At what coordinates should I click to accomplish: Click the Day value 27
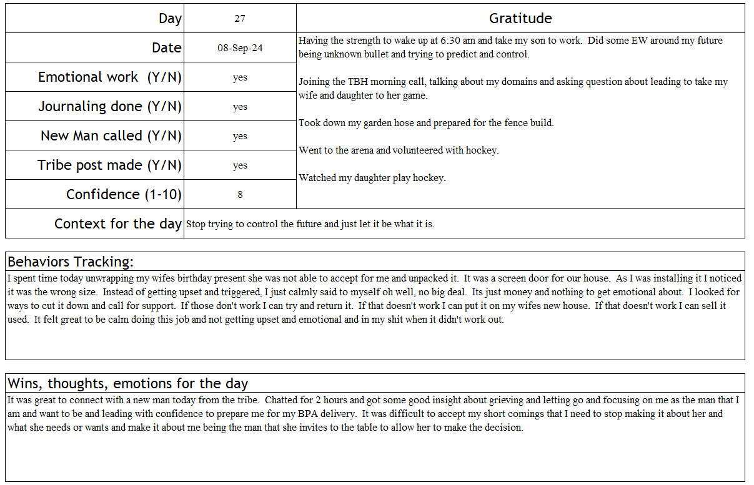pyautogui.click(x=240, y=19)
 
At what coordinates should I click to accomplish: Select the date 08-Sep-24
pyautogui.click(x=240, y=48)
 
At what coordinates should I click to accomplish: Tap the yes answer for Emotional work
pyautogui.click(x=240, y=77)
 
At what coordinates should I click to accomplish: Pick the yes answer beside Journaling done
pyautogui.click(x=240, y=107)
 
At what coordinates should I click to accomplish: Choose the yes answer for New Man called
pyautogui.click(x=240, y=136)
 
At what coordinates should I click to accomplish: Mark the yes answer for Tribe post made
pyautogui.click(x=240, y=165)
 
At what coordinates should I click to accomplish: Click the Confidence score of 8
pyautogui.click(x=240, y=195)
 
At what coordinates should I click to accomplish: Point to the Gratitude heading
pyautogui.click(x=520, y=19)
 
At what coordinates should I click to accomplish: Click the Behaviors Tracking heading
pyautogui.click(x=71, y=261)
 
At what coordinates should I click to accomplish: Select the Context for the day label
pyautogui.click(x=117, y=223)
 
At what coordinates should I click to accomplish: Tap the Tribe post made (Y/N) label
pyautogui.click(x=109, y=165)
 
